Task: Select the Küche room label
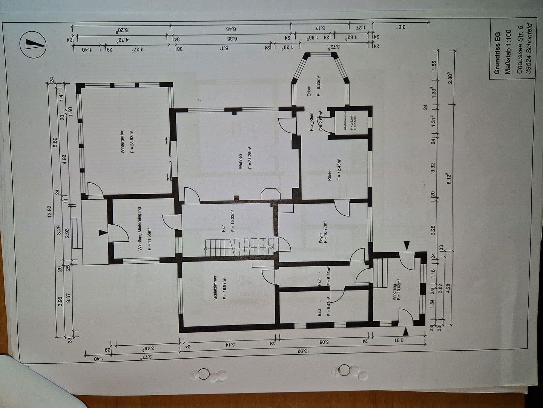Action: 330,174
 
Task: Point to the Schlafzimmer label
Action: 215,287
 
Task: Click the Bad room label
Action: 319,313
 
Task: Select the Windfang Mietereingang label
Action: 140,229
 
